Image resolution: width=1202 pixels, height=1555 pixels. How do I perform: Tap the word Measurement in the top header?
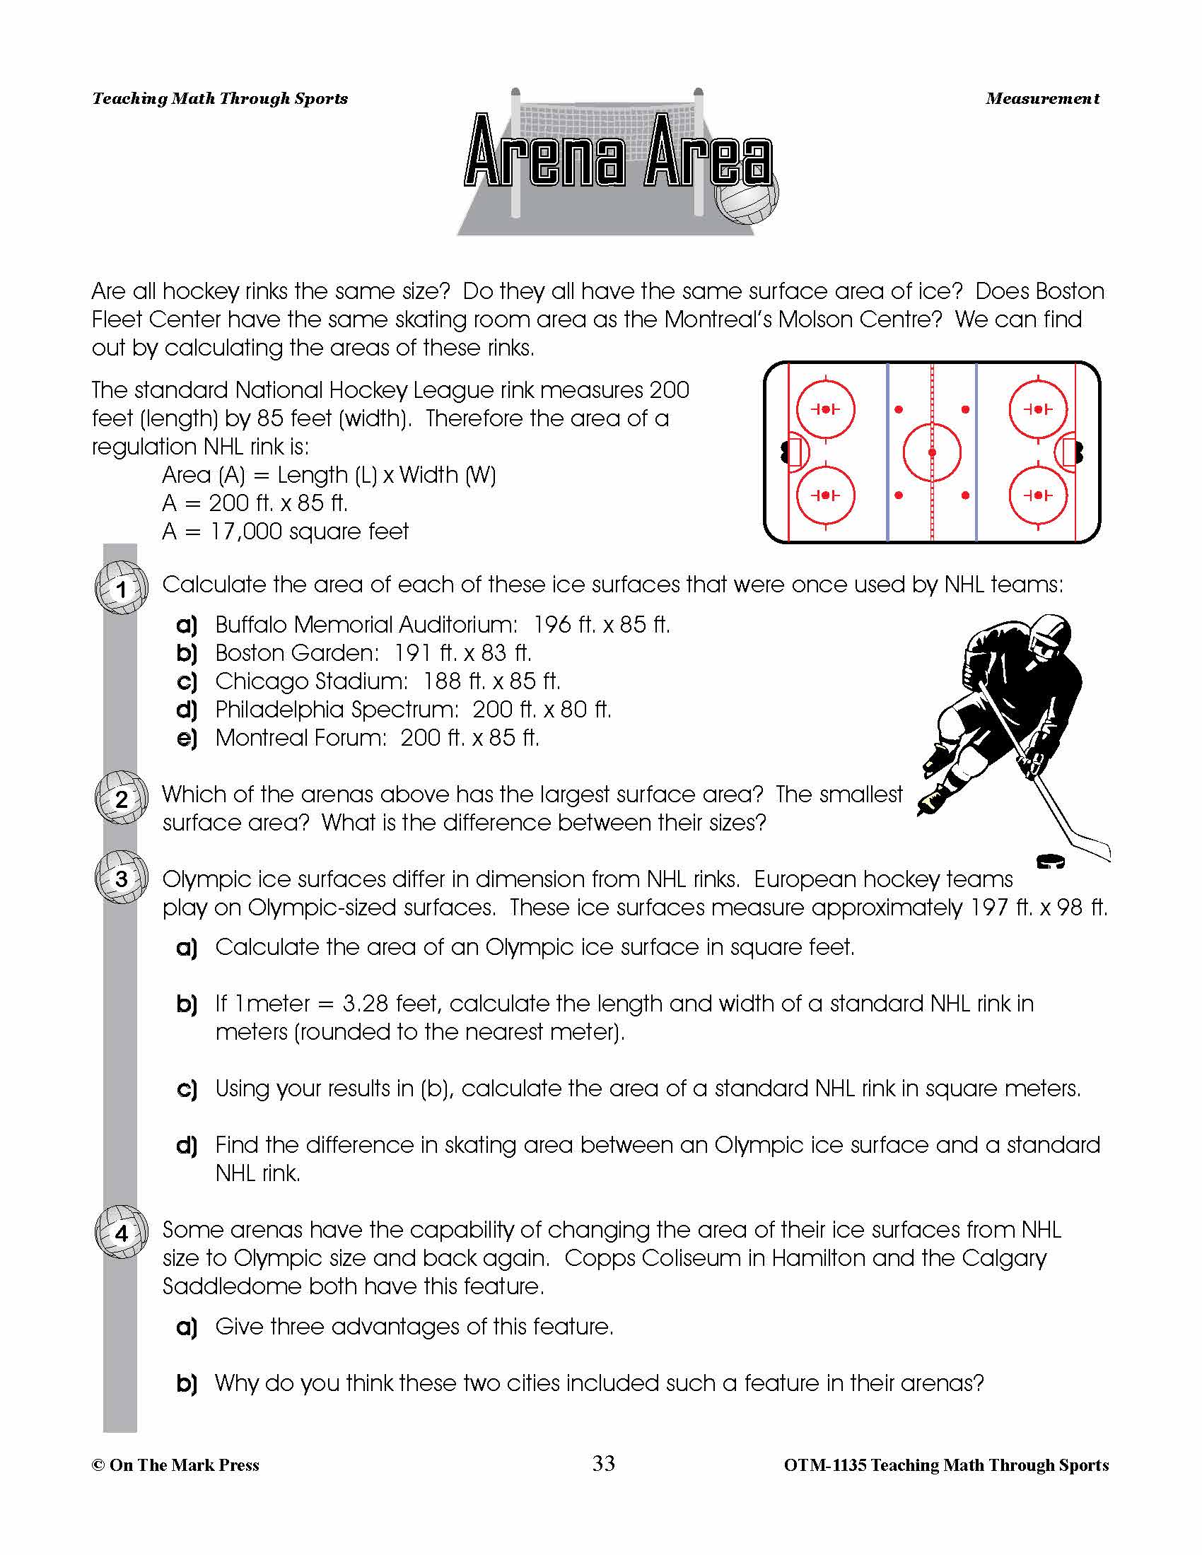pyautogui.click(x=1041, y=99)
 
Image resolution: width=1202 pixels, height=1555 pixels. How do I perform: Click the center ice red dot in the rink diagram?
pyautogui.click(x=931, y=452)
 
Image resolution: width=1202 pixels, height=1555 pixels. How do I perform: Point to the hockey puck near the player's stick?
pyautogui.click(x=1050, y=862)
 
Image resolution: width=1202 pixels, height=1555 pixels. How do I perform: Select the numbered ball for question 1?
pyautogui.click(x=121, y=589)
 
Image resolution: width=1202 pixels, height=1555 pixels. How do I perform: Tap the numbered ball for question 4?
pyautogui.click(x=121, y=1233)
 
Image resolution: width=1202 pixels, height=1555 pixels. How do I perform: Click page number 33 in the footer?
pyautogui.click(x=603, y=1464)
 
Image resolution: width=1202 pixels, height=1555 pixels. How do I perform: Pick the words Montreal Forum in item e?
pyautogui.click(x=300, y=738)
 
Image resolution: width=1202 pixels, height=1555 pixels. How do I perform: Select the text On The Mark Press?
pyautogui.click(x=184, y=1465)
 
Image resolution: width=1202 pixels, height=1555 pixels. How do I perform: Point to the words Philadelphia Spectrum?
pyautogui.click(x=337, y=710)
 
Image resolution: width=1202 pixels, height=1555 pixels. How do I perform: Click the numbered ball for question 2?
pyautogui.click(x=121, y=799)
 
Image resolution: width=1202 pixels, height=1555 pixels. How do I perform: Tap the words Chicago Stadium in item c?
pyautogui.click(x=311, y=681)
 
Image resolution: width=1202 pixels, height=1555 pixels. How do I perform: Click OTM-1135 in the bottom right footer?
pyautogui.click(x=824, y=1465)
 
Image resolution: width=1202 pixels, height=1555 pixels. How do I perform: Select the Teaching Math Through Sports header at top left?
pyautogui.click(x=220, y=99)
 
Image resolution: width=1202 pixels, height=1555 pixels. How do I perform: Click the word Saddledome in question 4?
pyautogui.click(x=231, y=1286)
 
